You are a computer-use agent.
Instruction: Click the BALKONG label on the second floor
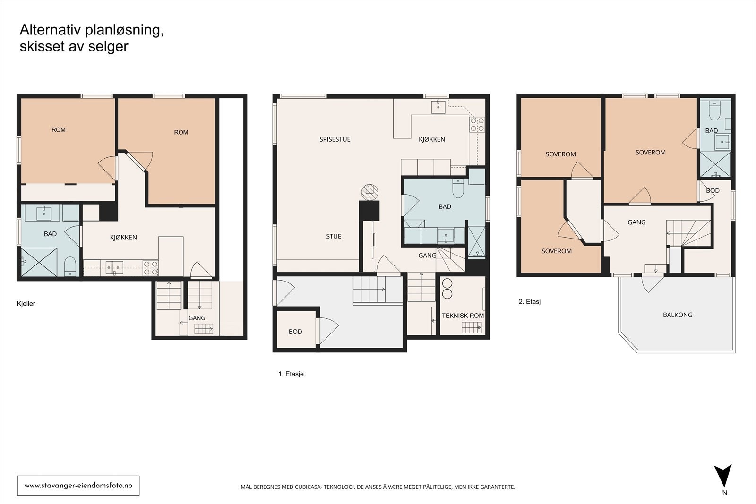tap(678, 315)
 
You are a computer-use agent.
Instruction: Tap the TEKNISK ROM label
tap(463, 316)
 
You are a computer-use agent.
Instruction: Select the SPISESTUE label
tap(335, 139)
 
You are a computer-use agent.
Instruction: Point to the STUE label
tap(334, 237)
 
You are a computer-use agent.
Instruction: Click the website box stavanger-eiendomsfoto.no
tap(78, 486)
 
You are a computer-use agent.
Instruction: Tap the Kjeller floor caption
tap(26, 304)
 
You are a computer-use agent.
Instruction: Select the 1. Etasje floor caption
tap(291, 374)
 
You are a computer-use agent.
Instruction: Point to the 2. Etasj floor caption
tap(530, 301)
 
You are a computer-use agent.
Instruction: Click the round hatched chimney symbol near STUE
tap(369, 192)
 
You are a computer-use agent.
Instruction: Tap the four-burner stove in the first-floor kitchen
tap(477, 124)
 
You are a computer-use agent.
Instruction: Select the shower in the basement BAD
tap(39, 262)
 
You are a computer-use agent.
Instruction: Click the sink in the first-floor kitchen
tap(438, 107)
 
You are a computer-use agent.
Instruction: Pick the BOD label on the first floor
tap(295, 332)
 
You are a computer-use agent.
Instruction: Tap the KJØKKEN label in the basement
tap(123, 238)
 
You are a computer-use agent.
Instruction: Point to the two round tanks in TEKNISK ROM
tap(447, 289)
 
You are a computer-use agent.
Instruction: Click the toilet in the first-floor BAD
tap(458, 188)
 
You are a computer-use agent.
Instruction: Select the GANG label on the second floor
tap(636, 222)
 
